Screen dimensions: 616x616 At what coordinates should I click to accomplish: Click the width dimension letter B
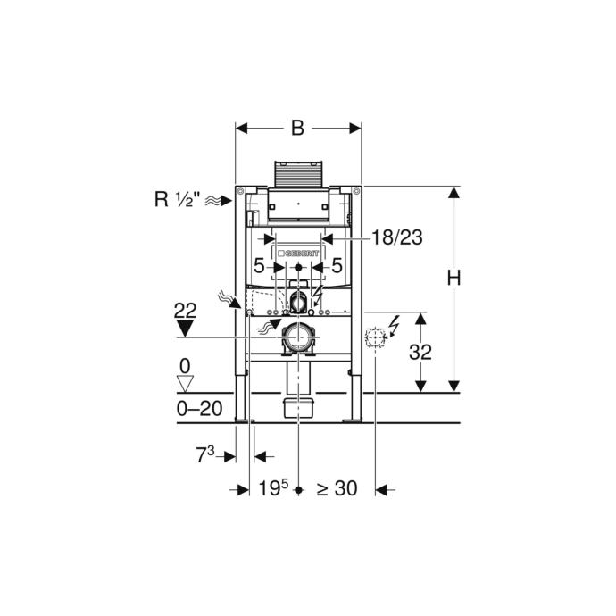tap(297, 128)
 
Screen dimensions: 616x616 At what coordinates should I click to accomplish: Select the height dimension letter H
tap(454, 278)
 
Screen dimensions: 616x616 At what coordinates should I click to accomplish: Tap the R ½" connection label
tap(174, 199)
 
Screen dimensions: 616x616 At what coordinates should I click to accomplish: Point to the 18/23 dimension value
tap(397, 237)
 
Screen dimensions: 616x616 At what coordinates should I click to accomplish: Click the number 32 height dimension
tap(420, 352)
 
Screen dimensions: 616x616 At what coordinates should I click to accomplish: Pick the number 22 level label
tap(185, 311)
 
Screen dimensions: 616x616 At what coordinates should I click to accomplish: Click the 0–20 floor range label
tap(200, 409)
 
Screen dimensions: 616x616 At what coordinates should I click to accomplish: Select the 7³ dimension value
tap(205, 455)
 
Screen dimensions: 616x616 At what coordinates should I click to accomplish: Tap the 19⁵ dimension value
tap(273, 488)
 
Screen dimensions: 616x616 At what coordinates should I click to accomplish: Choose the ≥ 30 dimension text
tap(337, 488)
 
